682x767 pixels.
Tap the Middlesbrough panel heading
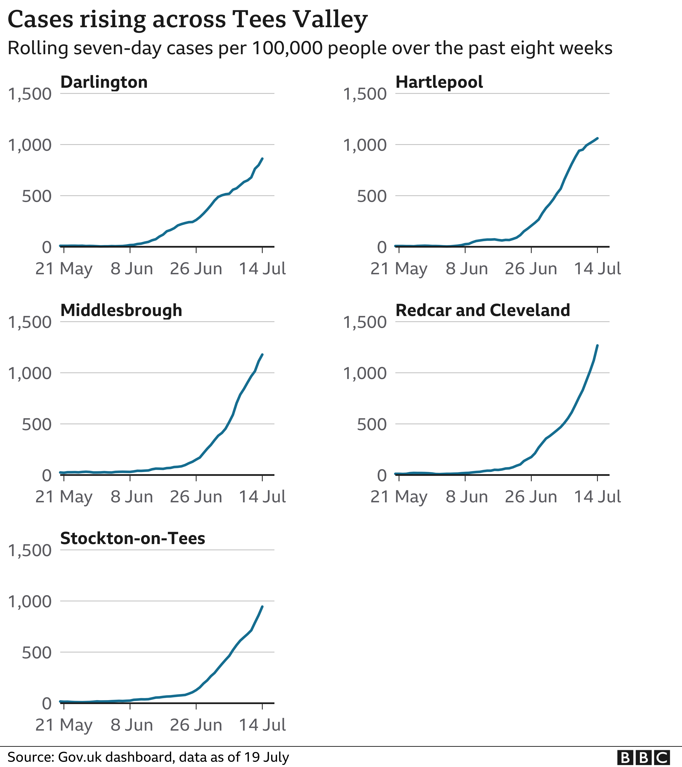point(121,310)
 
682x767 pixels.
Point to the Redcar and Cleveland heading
point(483,310)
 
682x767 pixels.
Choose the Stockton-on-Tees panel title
point(133,539)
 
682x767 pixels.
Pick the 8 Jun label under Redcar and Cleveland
point(467,497)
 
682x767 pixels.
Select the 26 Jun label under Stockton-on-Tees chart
point(196,725)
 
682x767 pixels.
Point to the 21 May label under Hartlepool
point(399,269)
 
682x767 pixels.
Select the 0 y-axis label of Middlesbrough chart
point(46,475)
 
